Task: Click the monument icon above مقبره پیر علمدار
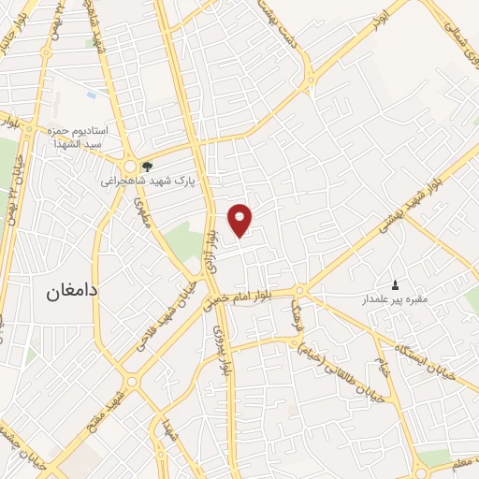point(395,285)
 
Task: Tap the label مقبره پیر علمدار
point(395,299)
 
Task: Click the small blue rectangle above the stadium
point(91,94)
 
